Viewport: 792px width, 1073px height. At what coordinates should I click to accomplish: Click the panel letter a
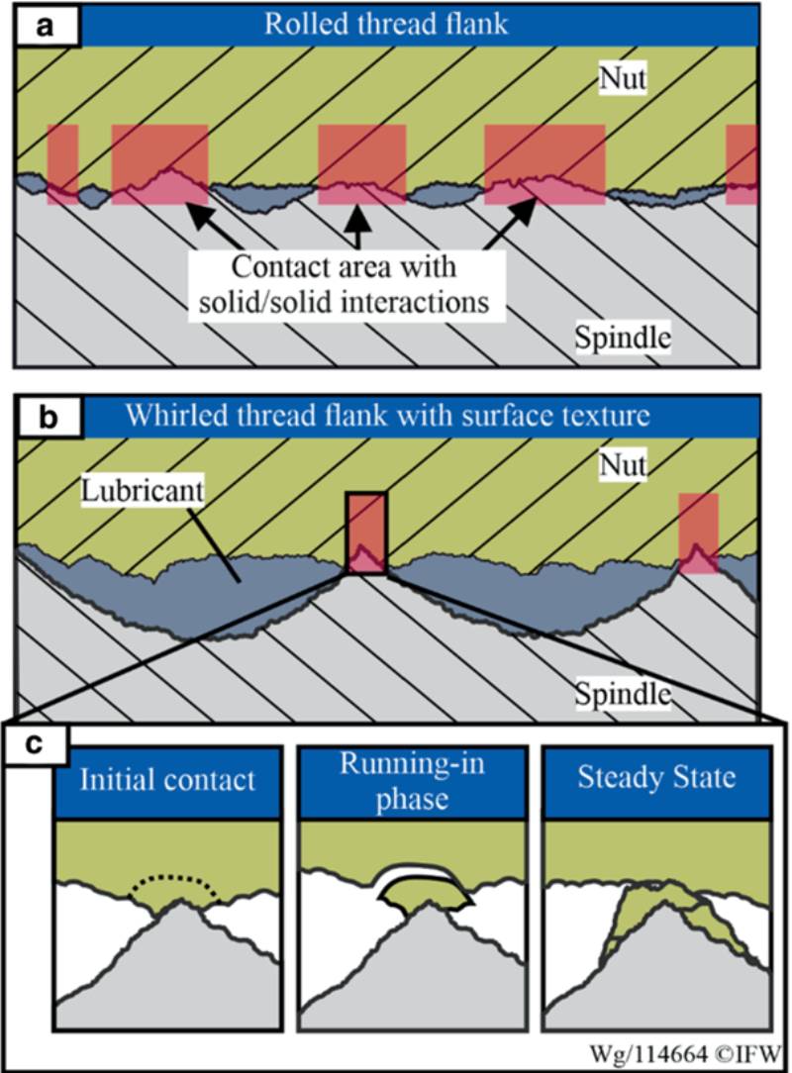coord(44,27)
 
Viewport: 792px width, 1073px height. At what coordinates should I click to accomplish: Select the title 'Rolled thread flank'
coord(385,25)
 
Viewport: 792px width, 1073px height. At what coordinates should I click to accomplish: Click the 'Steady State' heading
coord(657,777)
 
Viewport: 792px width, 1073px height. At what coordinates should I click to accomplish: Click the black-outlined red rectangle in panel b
coord(366,532)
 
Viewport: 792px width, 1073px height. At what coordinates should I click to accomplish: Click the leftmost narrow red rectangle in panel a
coord(62,164)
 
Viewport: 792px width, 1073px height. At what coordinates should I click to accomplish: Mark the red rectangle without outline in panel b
coord(698,533)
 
